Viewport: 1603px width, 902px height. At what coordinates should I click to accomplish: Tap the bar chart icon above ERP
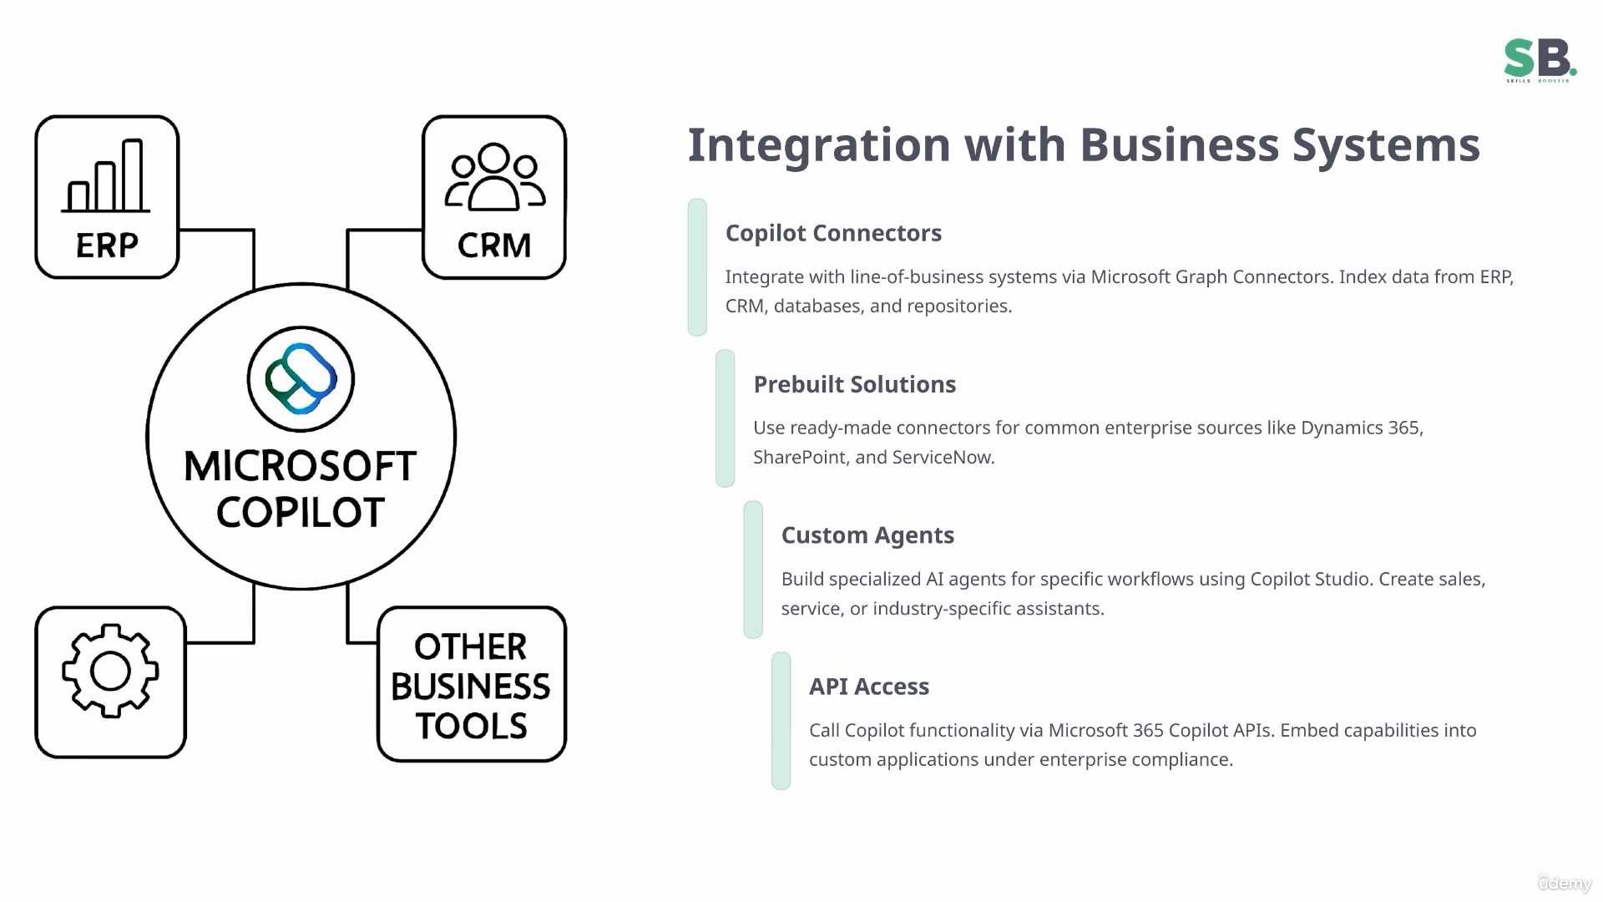(x=106, y=176)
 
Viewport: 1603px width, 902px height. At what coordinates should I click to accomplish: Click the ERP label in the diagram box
(x=107, y=246)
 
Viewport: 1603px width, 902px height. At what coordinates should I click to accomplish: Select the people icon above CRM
(x=494, y=177)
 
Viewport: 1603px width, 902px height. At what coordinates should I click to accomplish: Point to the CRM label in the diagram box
(x=494, y=246)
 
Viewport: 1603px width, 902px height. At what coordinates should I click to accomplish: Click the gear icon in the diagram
(x=110, y=671)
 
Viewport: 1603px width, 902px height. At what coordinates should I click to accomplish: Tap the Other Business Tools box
(x=472, y=685)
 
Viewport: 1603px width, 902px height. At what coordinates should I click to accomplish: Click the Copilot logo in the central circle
(x=301, y=379)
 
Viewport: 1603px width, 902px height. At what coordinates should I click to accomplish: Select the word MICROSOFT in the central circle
(x=300, y=466)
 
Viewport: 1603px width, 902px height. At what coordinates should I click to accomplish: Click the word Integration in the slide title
(x=819, y=145)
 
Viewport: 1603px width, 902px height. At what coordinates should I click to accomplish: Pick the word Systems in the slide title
(x=1386, y=145)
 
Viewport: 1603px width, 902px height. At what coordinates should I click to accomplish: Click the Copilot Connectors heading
(x=833, y=233)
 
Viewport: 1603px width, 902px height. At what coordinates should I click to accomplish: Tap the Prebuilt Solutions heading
(x=854, y=384)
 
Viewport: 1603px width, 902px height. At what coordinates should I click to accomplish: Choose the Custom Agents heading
(x=867, y=535)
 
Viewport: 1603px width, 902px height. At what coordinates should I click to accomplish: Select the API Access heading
(x=869, y=687)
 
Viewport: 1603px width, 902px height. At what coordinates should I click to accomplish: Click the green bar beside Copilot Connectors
(x=697, y=267)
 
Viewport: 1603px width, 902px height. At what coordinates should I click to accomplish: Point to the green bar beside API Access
(x=781, y=721)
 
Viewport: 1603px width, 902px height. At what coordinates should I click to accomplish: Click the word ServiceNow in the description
(x=943, y=458)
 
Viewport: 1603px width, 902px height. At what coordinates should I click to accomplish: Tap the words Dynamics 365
(x=1361, y=428)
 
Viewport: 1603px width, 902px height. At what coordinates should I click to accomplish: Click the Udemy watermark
(x=1565, y=883)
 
